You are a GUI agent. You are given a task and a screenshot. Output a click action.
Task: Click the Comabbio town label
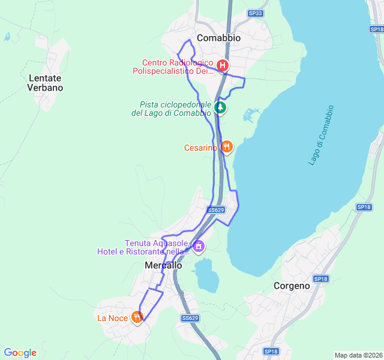(x=218, y=38)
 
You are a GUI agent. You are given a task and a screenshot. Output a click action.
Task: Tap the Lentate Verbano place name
(x=45, y=83)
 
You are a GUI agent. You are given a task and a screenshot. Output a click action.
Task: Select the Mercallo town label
(x=163, y=265)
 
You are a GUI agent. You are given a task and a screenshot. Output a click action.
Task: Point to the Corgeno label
(x=292, y=286)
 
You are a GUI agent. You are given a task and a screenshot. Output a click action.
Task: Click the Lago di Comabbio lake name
(x=320, y=140)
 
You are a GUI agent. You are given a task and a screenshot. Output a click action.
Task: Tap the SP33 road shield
(x=255, y=13)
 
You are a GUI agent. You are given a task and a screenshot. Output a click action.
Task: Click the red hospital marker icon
(x=223, y=65)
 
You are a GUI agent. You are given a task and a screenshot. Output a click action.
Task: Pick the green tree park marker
(x=221, y=108)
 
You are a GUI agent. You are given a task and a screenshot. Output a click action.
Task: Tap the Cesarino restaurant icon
(x=226, y=146)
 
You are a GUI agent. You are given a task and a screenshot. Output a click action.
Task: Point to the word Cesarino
(x=201, y=148)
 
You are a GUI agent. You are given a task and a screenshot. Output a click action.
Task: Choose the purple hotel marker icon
(x=199, y=245)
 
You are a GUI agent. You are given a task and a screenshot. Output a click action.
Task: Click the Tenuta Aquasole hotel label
(x=146, y=247)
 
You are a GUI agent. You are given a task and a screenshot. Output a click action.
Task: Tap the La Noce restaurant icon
(x=137, y=317)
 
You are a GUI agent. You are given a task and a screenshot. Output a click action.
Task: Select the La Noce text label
(x=113, y=318)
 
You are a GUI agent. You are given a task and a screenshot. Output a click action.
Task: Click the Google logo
(x=20, y=353)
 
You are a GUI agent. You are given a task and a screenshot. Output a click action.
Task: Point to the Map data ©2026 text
(x=358, y=355)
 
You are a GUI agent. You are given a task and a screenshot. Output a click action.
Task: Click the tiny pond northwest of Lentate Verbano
(x=7, y=37)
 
